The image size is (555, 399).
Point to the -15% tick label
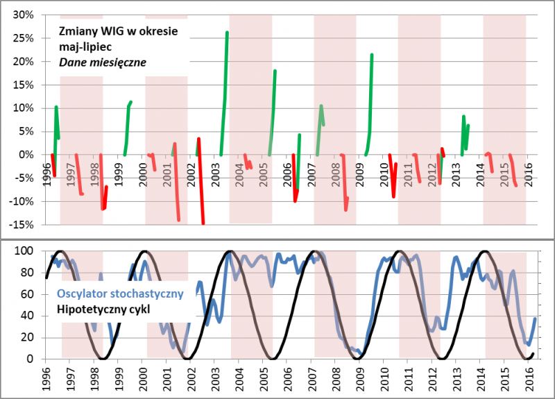24,225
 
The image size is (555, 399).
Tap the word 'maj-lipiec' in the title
84,47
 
